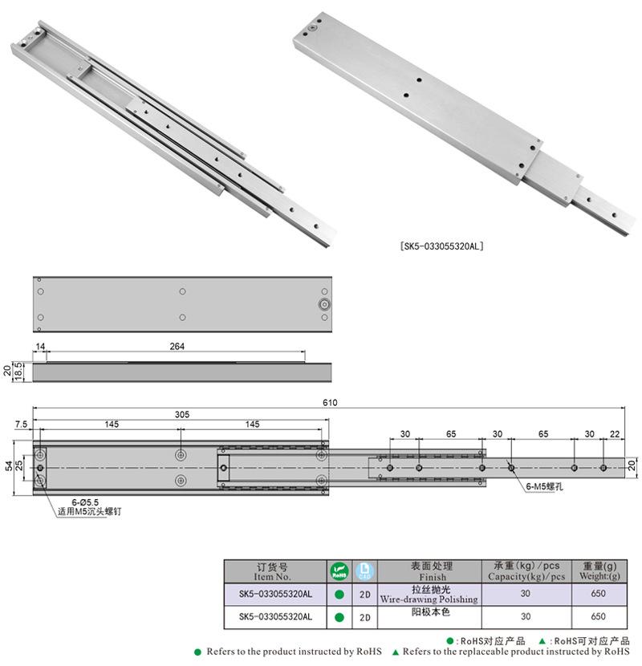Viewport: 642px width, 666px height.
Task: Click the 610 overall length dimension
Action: [329, 403]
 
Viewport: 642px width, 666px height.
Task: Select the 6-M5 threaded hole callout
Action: [543, 486]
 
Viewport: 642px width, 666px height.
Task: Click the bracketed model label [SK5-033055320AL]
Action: [442, 247]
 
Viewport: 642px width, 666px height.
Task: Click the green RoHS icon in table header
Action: [339, 571]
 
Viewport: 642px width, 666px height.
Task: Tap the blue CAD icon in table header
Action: [364, 571]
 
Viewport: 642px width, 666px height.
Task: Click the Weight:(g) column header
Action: [598, 571]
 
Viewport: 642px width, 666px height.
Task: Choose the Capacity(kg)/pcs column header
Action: [526, 571]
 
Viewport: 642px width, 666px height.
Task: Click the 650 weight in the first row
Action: [598, 595]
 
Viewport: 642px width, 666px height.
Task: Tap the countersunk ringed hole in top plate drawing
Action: [323, 304]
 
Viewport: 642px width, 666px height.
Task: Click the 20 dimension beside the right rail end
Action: [632, 465]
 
